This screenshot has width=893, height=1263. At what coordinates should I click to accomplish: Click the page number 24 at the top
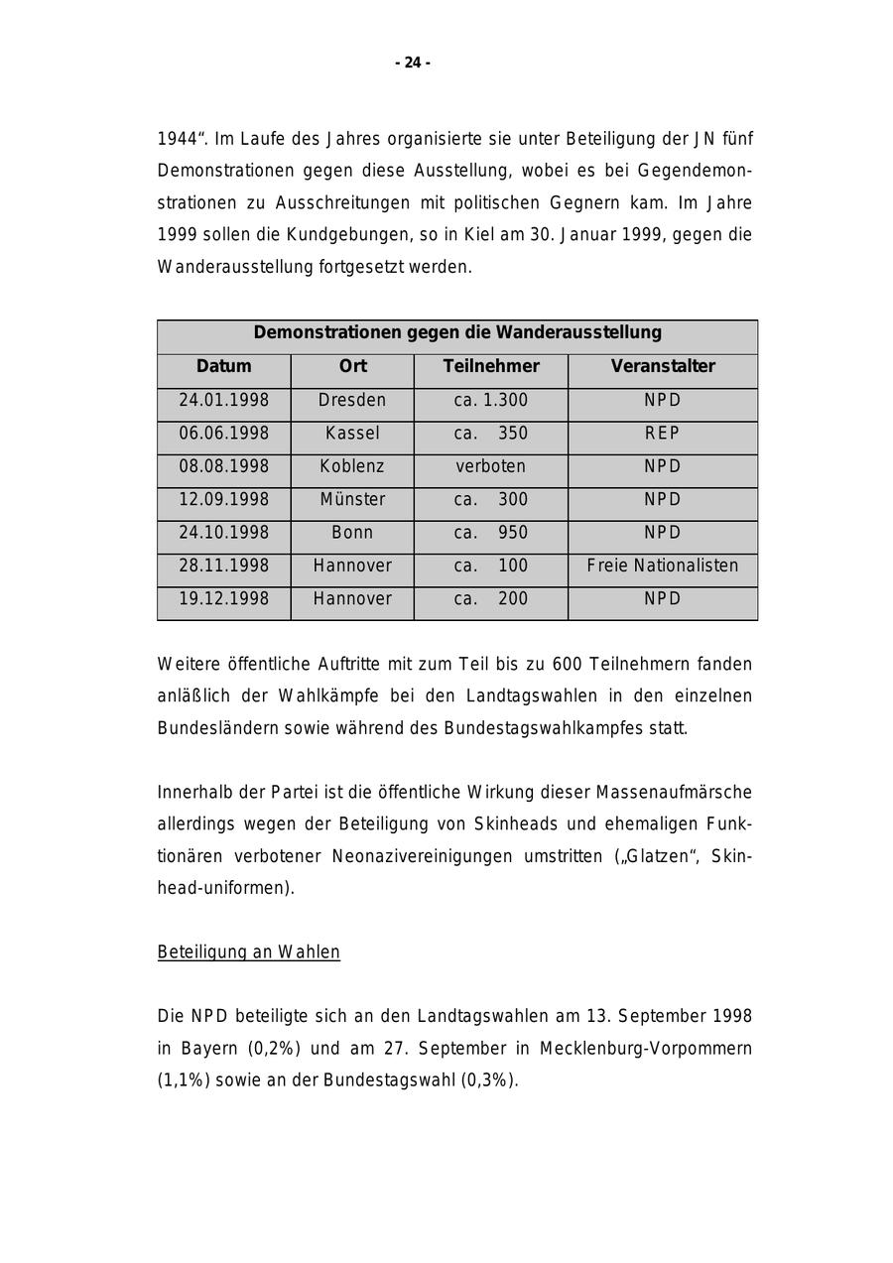click(413, 63)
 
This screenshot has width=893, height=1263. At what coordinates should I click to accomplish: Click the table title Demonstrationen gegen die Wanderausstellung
click(457, 332)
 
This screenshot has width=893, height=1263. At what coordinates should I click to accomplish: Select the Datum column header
click(223, 366)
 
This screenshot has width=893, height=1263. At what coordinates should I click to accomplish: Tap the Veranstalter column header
click(663, 366)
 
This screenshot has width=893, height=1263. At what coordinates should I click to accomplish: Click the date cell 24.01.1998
click(223, 401)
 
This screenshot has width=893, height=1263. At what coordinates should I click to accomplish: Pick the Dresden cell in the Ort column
click(352, 401)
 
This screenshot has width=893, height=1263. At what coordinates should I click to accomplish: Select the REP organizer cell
click(663, 434)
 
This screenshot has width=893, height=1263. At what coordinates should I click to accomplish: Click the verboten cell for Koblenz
click(491, 466)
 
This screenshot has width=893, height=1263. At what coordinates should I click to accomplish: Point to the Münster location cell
click(352, 500)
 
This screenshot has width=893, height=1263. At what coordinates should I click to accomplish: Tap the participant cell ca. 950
click(491, 533)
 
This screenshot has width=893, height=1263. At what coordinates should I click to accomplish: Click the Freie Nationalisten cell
click(663, 567)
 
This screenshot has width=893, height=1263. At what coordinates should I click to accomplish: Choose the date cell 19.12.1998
click(223, 599)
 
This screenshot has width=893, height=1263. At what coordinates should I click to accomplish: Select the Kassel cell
click(352, 434)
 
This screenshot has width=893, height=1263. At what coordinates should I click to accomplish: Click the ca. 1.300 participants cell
click(491, 401)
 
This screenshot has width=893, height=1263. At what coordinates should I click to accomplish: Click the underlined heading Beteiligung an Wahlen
click(249, 952)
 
